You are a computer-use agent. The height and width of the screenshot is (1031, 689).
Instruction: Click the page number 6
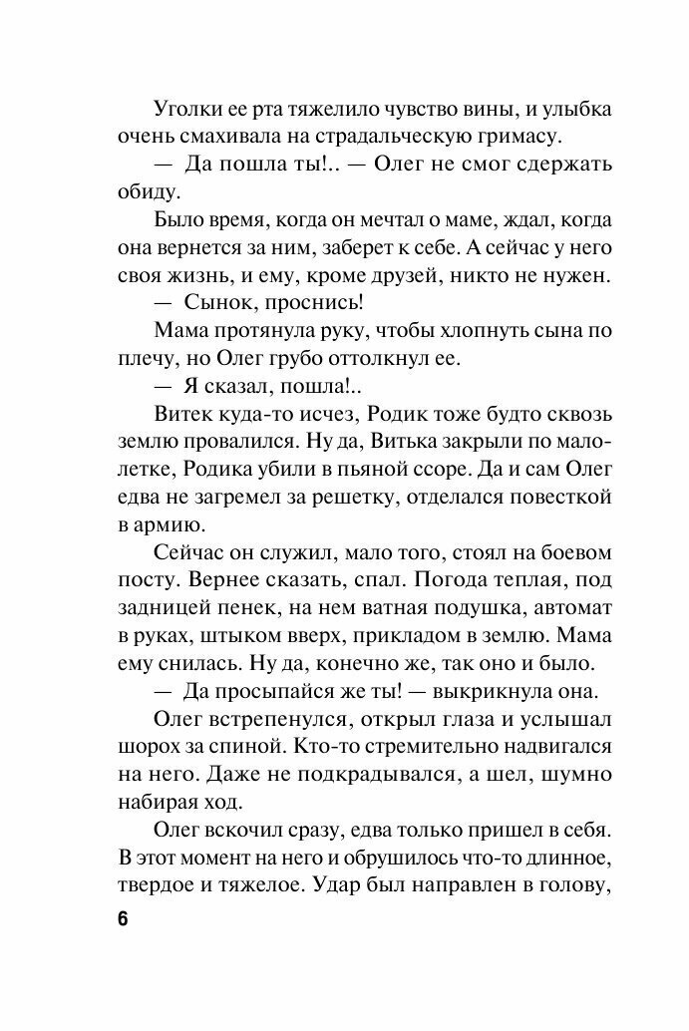[122, 918]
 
